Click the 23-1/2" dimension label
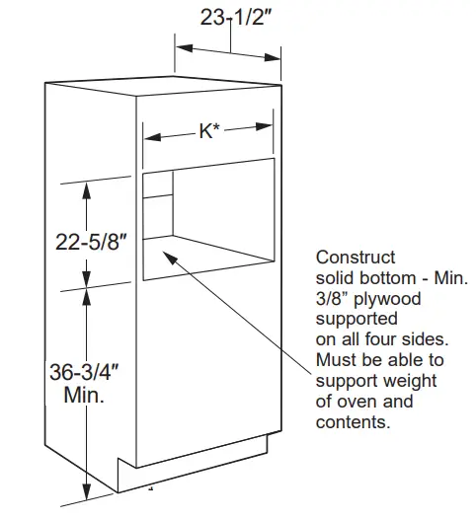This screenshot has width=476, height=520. (x=236, y=17)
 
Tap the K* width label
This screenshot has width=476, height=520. (x=209, y=131)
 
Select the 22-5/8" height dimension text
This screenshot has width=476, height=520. (x=92, y=242)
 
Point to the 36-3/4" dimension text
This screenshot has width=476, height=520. (x=84, y=371)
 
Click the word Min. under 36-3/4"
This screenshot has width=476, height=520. (x=84, y=395)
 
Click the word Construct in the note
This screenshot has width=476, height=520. (x=356, y=258)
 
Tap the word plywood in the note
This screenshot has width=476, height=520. (x=387, y=299)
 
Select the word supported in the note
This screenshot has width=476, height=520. (x=357, y=319)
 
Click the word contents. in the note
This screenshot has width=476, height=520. (x=354, y=422)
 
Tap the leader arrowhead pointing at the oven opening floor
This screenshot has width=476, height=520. (x=170, y=258)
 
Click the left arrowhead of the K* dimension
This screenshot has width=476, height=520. (x=152, y=136)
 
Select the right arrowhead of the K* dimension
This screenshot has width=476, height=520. (x=264, y=126)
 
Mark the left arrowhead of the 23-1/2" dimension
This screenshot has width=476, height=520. (x=185, y=47)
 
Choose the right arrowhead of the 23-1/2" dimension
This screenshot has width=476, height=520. (x=273, y=57)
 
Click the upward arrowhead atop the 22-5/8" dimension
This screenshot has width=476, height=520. (x=87, y=190)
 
